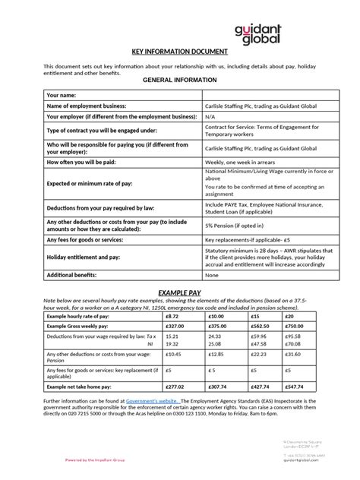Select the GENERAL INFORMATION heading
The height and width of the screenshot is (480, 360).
click(179, 79)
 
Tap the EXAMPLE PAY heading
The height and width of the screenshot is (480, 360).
click(179, 292)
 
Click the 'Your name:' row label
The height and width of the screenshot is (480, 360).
click(63, 95)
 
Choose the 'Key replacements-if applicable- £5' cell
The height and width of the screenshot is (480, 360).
click(249, 239)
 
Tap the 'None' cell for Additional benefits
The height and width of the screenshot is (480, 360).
click(212, 275)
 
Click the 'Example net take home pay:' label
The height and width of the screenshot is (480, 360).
click(82, 386)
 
